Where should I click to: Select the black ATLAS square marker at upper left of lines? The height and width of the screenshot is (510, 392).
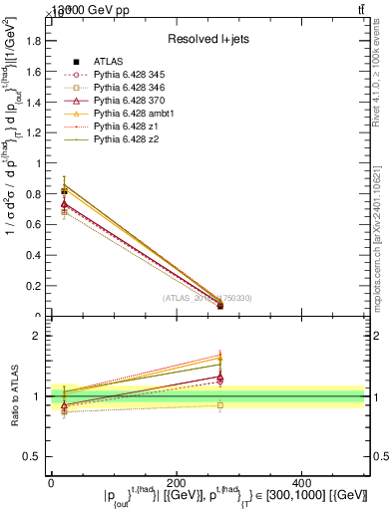[64, 189]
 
